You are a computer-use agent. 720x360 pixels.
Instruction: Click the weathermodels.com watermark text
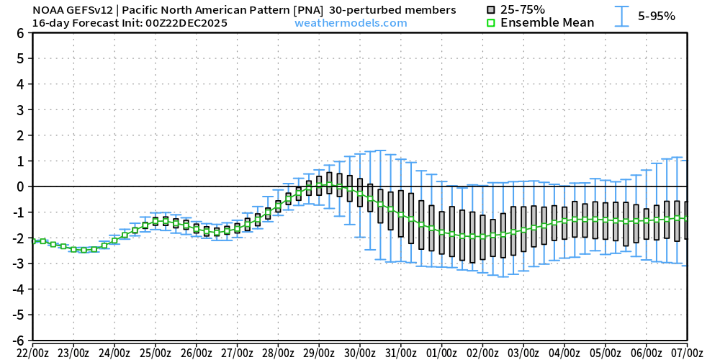(x=351, y=23)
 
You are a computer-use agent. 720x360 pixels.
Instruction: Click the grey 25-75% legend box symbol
(x=491, y=9)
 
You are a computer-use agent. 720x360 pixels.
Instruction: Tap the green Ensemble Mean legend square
(x=491, y=23)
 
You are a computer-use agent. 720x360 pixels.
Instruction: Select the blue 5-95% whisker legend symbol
(x=621, y=16)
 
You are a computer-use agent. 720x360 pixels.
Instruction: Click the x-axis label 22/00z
(x=32, y=353)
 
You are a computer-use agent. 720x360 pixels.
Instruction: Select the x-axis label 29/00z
(x=319, y=353)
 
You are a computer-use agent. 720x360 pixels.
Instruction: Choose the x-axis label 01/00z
(x=441, y=353)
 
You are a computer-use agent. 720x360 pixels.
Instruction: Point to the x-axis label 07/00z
(x=687, y=353)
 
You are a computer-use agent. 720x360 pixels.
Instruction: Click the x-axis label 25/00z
(x=155, y=353)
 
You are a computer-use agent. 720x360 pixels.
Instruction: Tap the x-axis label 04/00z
(x=564, y=353)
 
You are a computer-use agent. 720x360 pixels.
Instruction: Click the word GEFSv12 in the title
(x=88, y=10)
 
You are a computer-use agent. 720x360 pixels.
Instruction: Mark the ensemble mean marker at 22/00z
(x=33, y=241)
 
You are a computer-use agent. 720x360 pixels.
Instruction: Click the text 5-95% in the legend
(x=657, y=16)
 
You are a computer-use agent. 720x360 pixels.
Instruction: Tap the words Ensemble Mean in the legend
(x=547, y=23)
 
